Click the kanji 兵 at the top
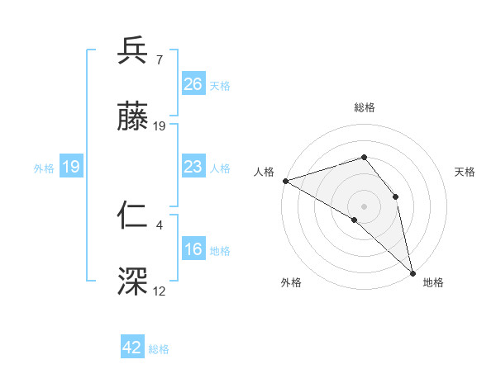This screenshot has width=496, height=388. (x=133, y=52)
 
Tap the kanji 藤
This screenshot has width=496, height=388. (x=133, y=118)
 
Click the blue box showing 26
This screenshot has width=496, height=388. (x=193, y=84)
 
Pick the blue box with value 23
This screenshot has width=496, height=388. (x=193, y=168)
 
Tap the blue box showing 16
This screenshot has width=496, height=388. (x=193, y=250)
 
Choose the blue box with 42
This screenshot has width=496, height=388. (x=132, y=348)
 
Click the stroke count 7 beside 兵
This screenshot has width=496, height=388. (x=160, y=60)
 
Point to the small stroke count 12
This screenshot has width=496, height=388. (x=160, y=291)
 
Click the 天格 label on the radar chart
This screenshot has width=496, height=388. (x=465, y=172)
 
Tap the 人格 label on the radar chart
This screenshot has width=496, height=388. (x=263, y=172)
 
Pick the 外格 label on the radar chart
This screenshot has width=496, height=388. (x=291, y=283)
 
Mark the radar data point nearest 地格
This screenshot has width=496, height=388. (x=413, y=272)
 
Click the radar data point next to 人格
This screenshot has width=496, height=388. (x=284, y=181)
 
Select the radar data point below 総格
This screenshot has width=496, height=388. (x=364, y=157)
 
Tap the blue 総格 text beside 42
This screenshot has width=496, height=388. (x=159, y=349)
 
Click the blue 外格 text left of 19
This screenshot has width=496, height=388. (x=44, y=168)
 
